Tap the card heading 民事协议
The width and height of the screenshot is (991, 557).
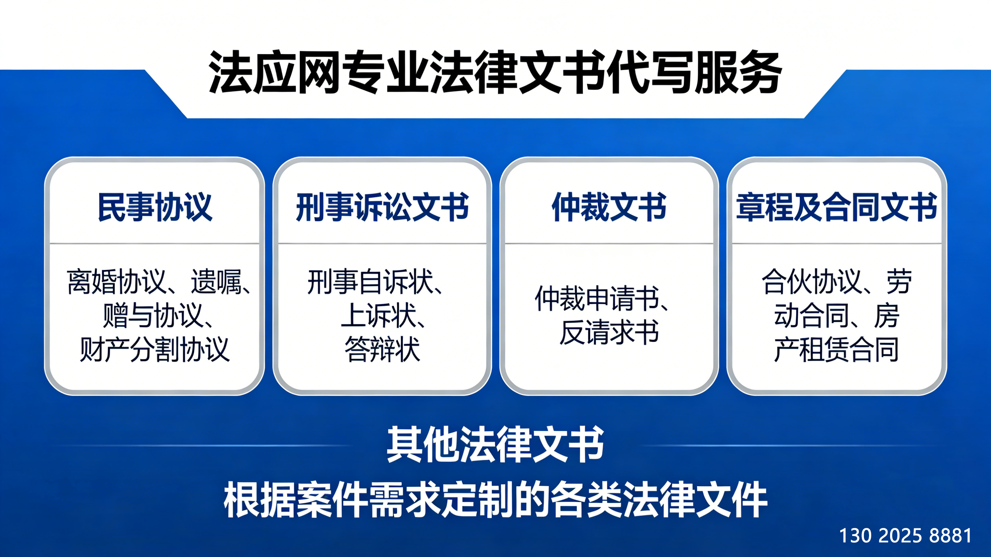155,208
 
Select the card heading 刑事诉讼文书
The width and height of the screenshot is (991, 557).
382,208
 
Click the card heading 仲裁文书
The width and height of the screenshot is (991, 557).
609,208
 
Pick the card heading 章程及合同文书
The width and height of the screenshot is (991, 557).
836,208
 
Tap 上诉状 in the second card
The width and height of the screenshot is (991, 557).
379,315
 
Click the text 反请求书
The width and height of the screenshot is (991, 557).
609,332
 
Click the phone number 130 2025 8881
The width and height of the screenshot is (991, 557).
905,536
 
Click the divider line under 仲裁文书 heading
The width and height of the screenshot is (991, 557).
609,243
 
